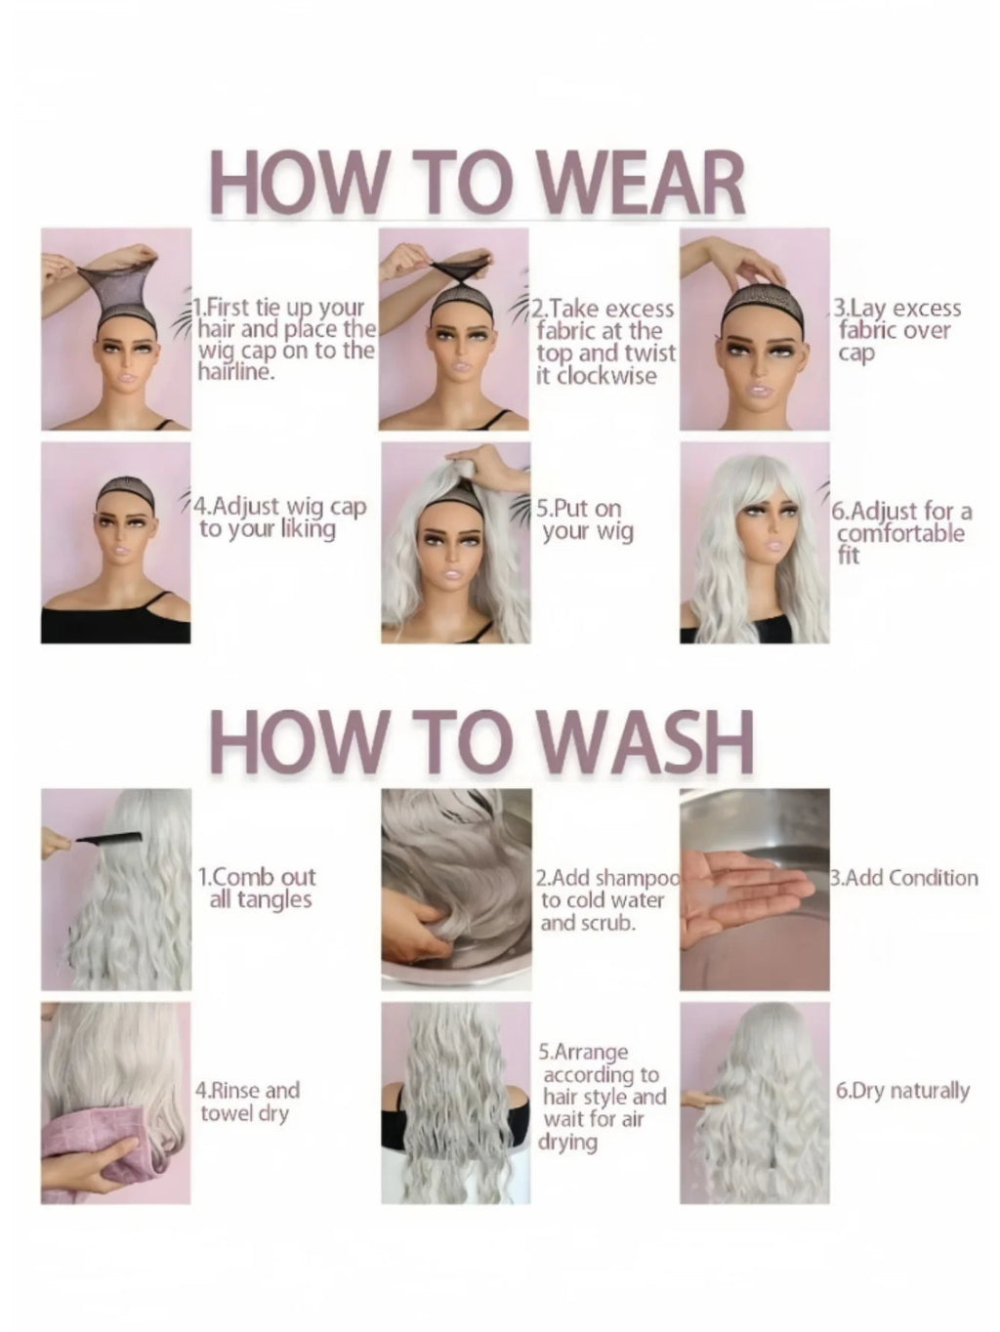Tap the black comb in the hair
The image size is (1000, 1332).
tap(109, 838)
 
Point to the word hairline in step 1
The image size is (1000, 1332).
tap(235, 370)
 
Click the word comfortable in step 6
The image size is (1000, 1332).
tap(900, 534)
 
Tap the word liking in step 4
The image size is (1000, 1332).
tap(308, 529)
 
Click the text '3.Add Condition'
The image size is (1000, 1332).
tap(904, 878)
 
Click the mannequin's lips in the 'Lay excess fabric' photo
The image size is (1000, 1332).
tap(756, 388)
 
